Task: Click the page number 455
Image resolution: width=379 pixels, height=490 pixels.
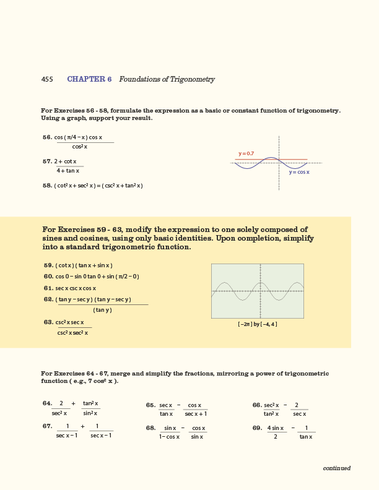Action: click(x=47, y=80)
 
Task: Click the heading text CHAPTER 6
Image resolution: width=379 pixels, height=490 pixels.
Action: click(x=89, y=80)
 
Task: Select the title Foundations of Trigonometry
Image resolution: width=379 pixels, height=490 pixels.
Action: click(x=167, y=80)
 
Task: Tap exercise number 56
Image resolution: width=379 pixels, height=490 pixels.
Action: click(x=47, y=137)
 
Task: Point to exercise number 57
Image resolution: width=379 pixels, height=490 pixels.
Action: click(x=47, y=161)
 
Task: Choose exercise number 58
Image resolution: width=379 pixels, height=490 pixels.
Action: click(x=47, y=186)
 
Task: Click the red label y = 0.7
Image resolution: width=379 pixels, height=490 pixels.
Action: click(x=246, y=153)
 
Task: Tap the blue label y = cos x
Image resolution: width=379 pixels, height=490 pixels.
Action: click(x=299, y=172)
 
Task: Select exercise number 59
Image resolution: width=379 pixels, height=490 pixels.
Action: click(x=48, y=265)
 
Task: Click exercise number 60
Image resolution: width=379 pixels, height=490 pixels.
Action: click(x=48, y=277)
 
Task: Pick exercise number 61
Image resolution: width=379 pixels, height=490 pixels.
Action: click(x=48, y=288)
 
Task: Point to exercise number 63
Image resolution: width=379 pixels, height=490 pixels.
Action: click(x=48, y=322)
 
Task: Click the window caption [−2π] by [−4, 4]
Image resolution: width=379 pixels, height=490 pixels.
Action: click(x=257, y=324)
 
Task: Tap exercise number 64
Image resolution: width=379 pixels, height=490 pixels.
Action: click(x=47, y=403)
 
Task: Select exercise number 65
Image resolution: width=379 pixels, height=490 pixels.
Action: click(x=150, y=405)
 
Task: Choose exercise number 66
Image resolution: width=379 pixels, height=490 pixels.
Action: click(x=257, y=405)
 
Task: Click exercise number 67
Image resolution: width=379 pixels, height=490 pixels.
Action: click(x=47, y=426)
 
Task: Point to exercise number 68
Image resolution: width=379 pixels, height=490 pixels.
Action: click(x=150, y=428)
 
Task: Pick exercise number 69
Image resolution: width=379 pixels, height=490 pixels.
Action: click(x=257, y=428)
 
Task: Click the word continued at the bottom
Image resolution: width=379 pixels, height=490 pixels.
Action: click(x=336, y=468)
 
